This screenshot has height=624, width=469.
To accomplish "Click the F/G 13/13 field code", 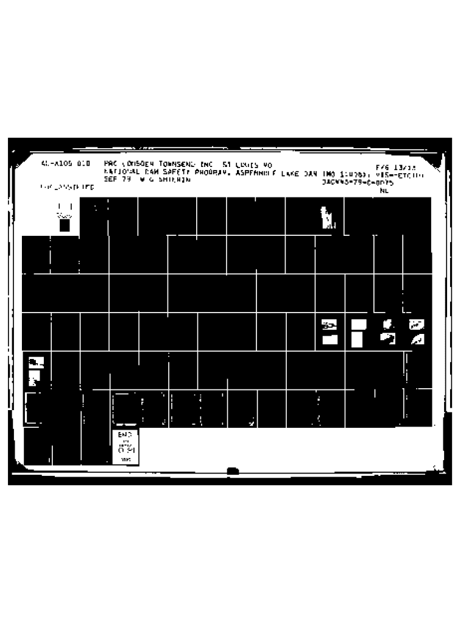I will pos(393,167).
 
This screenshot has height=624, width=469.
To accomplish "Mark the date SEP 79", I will pos(115,180).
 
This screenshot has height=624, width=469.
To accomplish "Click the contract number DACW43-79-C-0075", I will pos(358,182).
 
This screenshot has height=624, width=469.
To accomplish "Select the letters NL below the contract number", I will pos(384,190).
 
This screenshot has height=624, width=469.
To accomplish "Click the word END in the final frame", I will pos(125,434).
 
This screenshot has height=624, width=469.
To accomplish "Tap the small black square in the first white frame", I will pos(65,225).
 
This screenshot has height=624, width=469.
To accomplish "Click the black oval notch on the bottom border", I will pos(233,470).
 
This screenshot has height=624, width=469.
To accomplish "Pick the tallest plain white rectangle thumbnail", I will pos(358,338).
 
